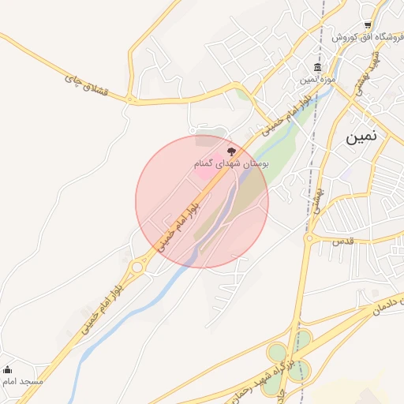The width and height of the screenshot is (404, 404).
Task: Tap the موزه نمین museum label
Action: [318, 79]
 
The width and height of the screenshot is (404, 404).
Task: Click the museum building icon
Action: [317, 66]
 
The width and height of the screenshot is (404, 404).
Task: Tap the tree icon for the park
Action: [230, 150]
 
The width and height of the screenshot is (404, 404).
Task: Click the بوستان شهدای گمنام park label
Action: [232, 163]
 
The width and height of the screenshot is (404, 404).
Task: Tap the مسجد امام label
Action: [22, 382]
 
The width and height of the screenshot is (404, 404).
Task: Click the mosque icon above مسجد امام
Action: [8, 369]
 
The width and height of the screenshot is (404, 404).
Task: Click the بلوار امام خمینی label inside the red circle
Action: [181, 224]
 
